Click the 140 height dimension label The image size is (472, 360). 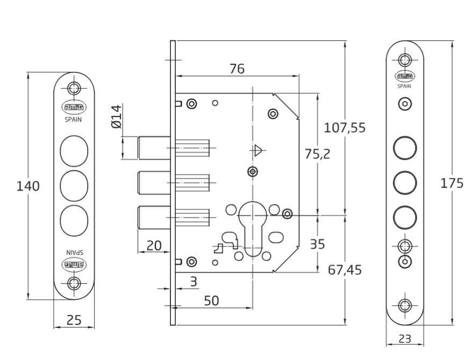tap(28, 186)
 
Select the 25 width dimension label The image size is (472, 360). tap(74, 320)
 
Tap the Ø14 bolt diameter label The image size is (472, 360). tap(117, 117)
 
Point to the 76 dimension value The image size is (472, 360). tap(237, 69)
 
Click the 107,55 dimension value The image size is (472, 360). tap(345, 128)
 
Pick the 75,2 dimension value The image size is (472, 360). tap(317, 154)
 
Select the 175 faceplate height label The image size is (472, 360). tap(452, 183)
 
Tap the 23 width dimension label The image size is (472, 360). tap(405, 339)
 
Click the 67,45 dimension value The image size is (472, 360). tap(345, 270)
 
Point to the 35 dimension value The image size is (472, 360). tap(317, 244)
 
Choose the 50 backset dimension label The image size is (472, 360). tap(211, 300)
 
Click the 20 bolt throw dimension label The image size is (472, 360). tap(154, 246)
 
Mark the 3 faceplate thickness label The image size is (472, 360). tap(194, 282)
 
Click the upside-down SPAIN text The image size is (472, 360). tap(74, 253)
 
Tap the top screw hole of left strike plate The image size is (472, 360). tap(74, 89)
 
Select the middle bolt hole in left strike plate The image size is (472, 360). tap(74, 186)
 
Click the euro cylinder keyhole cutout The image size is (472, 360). tap(253, 228)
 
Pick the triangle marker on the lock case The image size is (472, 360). tap(258, 150)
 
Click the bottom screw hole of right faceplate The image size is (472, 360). tap(405, 306)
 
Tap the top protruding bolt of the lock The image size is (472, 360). tap(154, 148)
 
